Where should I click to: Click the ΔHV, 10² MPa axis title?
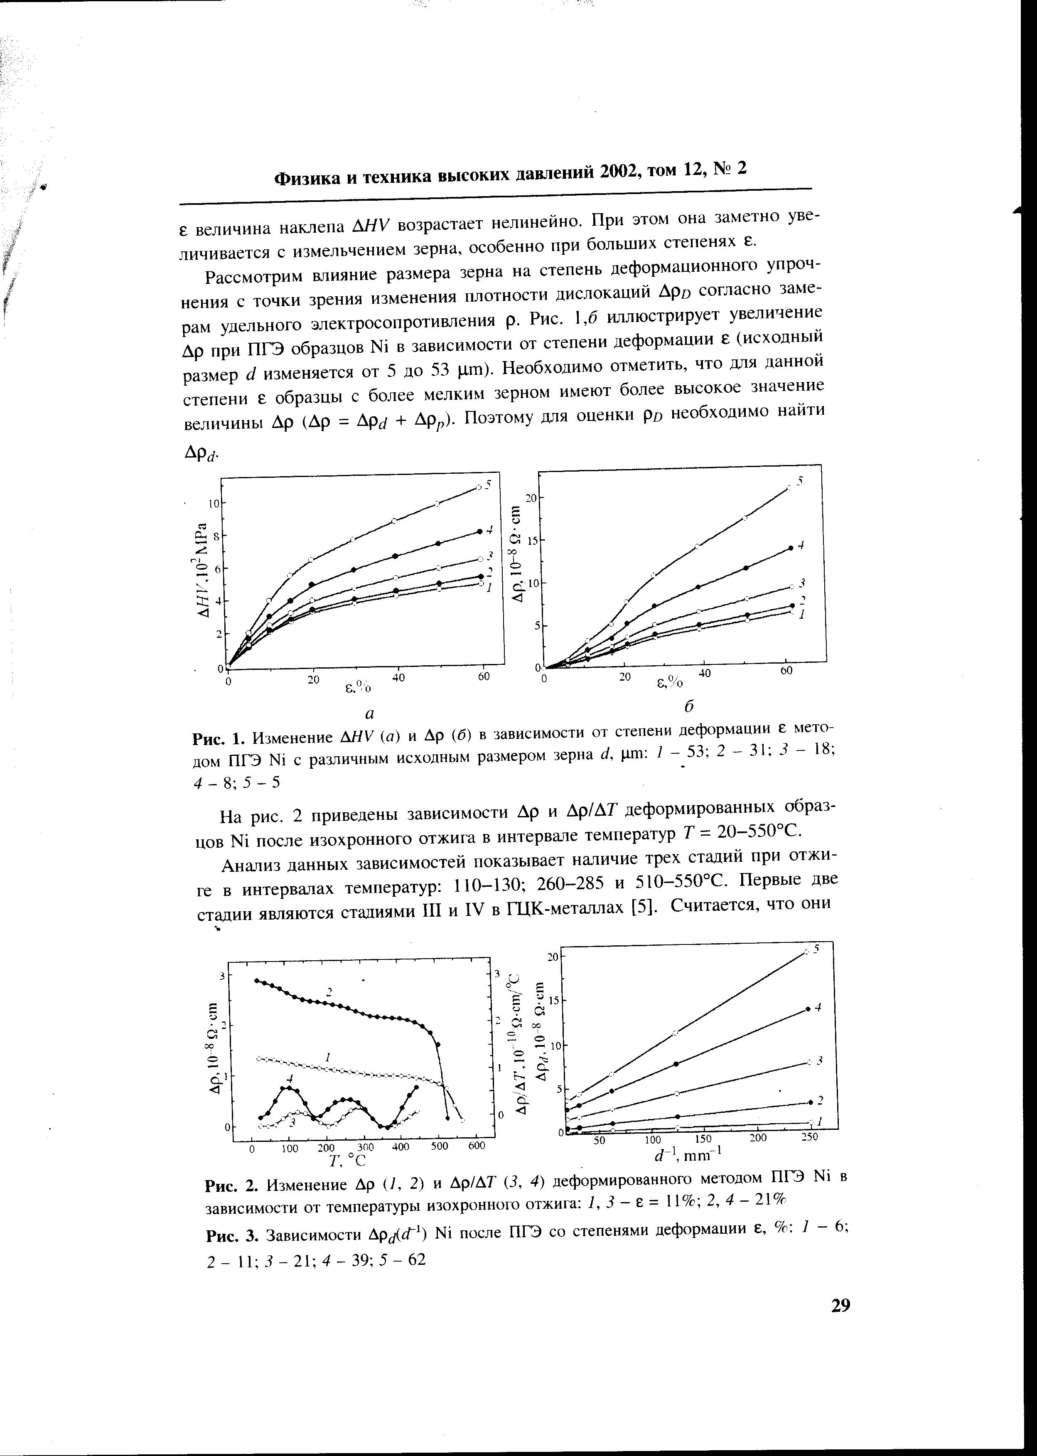pyautogui.click(x=203, y=571)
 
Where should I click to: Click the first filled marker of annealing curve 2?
pyautogui.click(x=257, y=980)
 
